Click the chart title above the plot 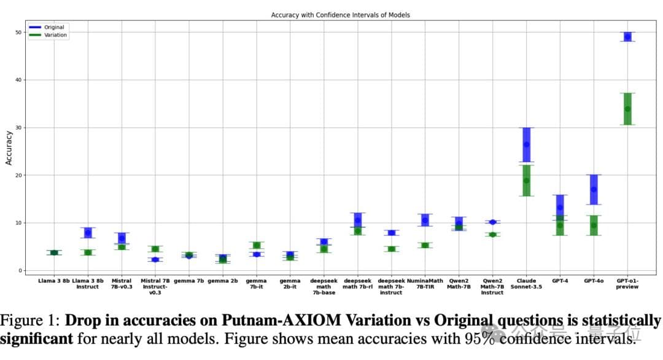click(340, 15)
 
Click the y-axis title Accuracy click(9, 147)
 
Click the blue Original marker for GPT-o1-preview click(627, 37)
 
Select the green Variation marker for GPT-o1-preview click(627, 109)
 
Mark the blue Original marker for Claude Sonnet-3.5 click(526, 144)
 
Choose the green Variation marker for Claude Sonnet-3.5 click(526, 180)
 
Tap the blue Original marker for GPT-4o click(594, 189)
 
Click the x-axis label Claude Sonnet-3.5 click(526, 283)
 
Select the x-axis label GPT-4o click(594, 280)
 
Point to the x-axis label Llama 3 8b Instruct click(88, 283)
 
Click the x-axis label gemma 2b click(223, 280)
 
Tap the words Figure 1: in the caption click(29, 321)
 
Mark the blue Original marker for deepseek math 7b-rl click(358, 220)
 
